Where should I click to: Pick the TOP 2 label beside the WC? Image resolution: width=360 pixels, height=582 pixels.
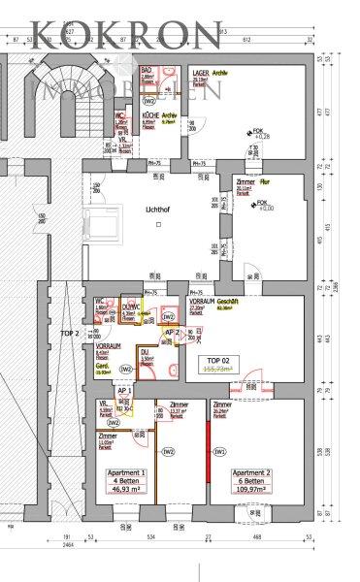(97, 333)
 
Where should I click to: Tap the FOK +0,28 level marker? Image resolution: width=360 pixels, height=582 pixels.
(259, 134)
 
